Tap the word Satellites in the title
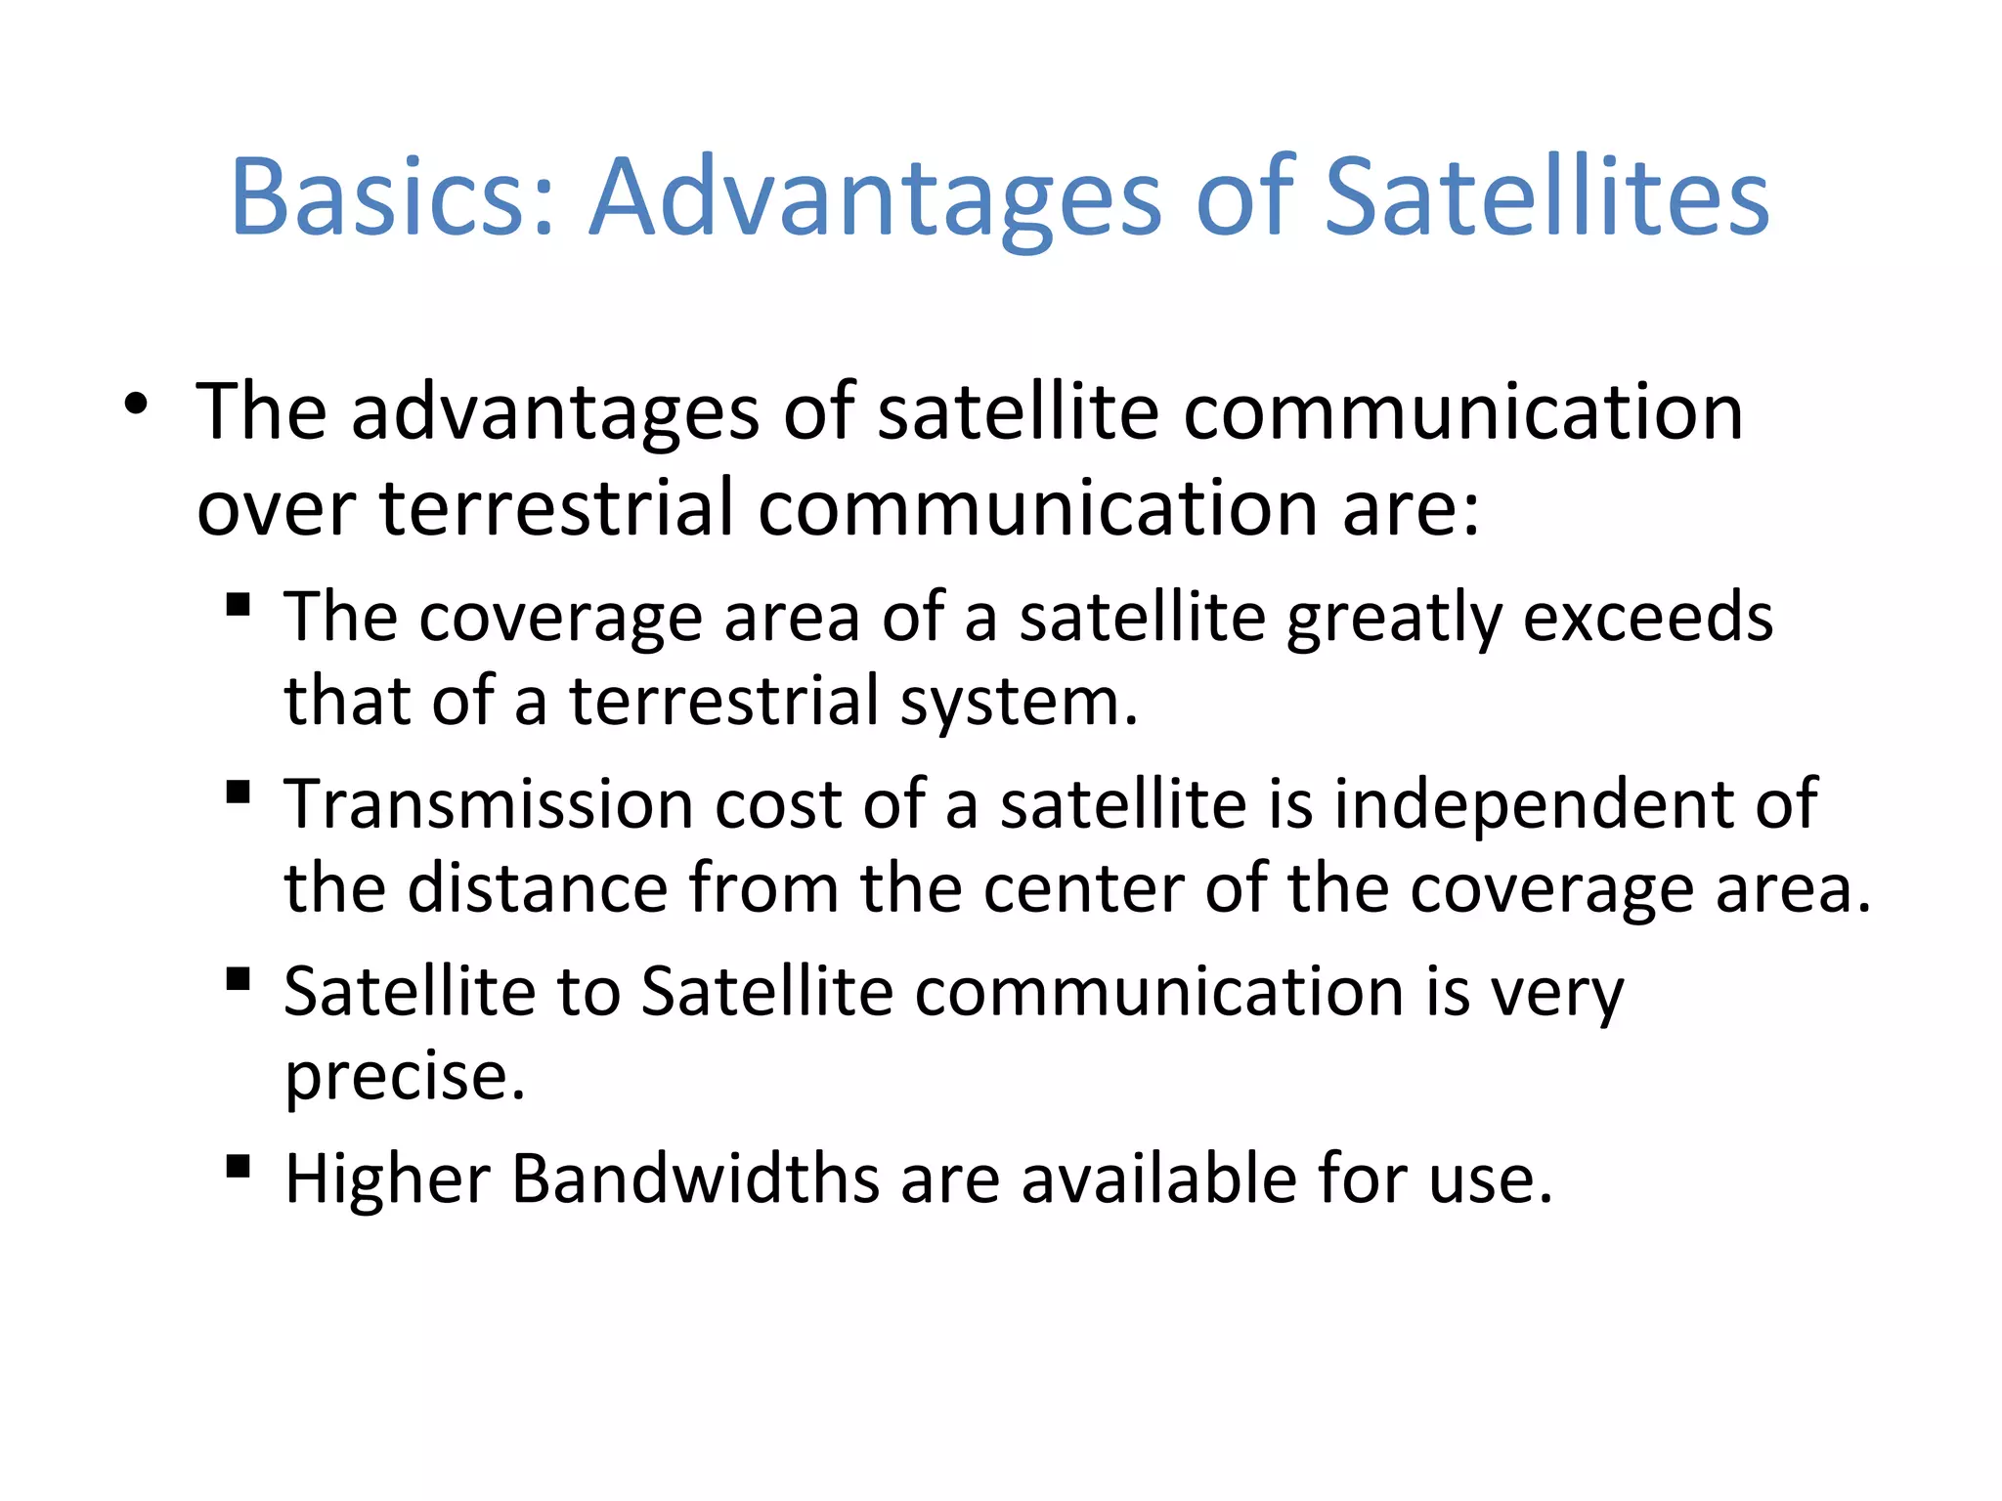tap(1546, 197)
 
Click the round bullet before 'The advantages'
tap(136, 404)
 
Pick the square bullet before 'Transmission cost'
tap(238, 791)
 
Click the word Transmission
tap(489, 805)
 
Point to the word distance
tap(538, 889)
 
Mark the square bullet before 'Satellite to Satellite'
tap(238, 978)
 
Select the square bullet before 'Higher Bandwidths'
tap(238, 1166)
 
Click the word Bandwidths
tap(695, 1179)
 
